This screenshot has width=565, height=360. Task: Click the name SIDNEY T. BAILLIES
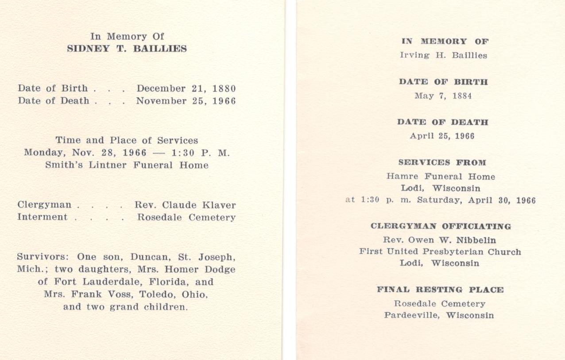point(127,49)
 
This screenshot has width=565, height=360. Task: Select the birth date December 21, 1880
point(186,89)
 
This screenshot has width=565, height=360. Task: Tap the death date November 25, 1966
point(186,101)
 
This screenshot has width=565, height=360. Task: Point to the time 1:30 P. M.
point(201,153)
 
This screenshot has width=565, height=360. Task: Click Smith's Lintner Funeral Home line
point(127,165)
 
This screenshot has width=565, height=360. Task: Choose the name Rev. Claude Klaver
point(185,205)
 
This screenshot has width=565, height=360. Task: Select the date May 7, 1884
point(443,96)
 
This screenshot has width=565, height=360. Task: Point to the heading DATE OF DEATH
point(443,122)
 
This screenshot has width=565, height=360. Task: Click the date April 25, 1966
point(442,136)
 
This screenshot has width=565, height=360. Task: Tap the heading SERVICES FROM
point(442,163)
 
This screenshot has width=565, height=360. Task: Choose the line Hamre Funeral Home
point(441,176)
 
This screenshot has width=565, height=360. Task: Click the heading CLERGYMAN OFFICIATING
point(441,226)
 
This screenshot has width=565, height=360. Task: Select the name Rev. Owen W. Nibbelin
point(439,240)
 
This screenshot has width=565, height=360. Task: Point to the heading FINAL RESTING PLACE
point(440,290)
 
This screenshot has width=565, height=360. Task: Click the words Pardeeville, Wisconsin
point(439,316)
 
